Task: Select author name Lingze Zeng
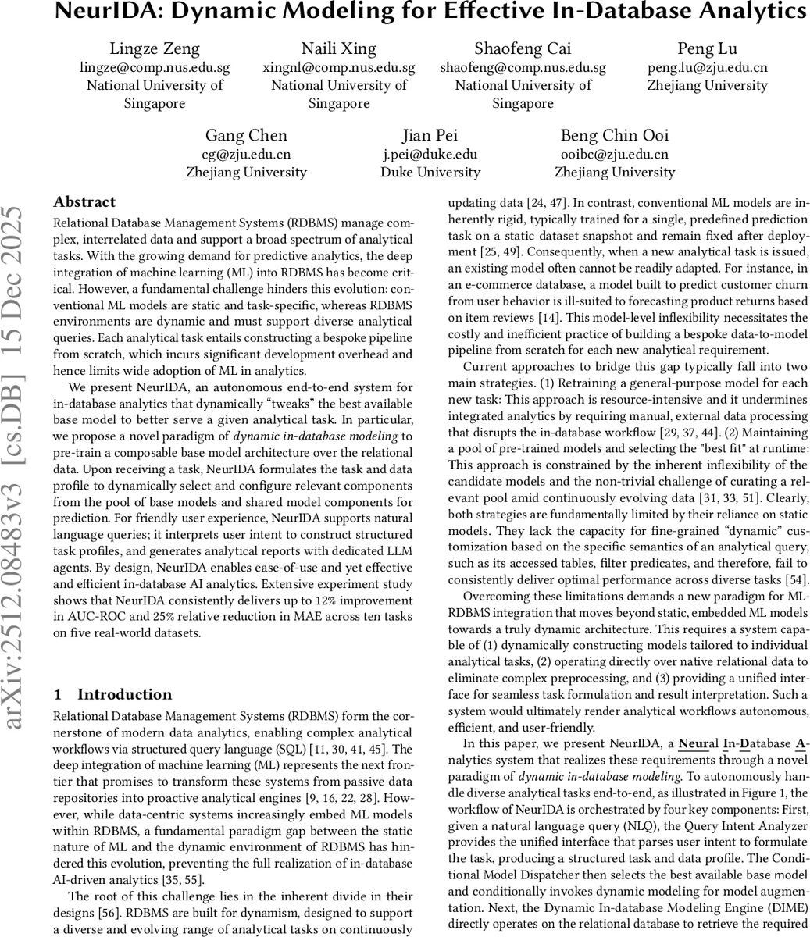pyautogui.click(x=154, y=49)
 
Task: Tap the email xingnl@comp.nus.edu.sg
pyautogui.click(x=338, y=67)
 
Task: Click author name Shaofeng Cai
pyautogui.click(x=523, y=49)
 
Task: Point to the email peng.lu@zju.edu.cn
pyautogui.click(x=707, y=67)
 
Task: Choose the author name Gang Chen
pyautogui.click(x=246, y=136)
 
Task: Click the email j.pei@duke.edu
pyautogui.click(x=430, y=154)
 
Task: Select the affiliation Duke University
pyautogui.click(x=430, y=172)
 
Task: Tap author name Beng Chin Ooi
pyautogui.click(x=614, y=136)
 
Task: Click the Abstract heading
pyautogui.click(x=84, y=202)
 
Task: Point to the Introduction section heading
pyautogui.click(x=124, y=694)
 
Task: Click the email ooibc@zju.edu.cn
pyautogui.click(x=614, y=154)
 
